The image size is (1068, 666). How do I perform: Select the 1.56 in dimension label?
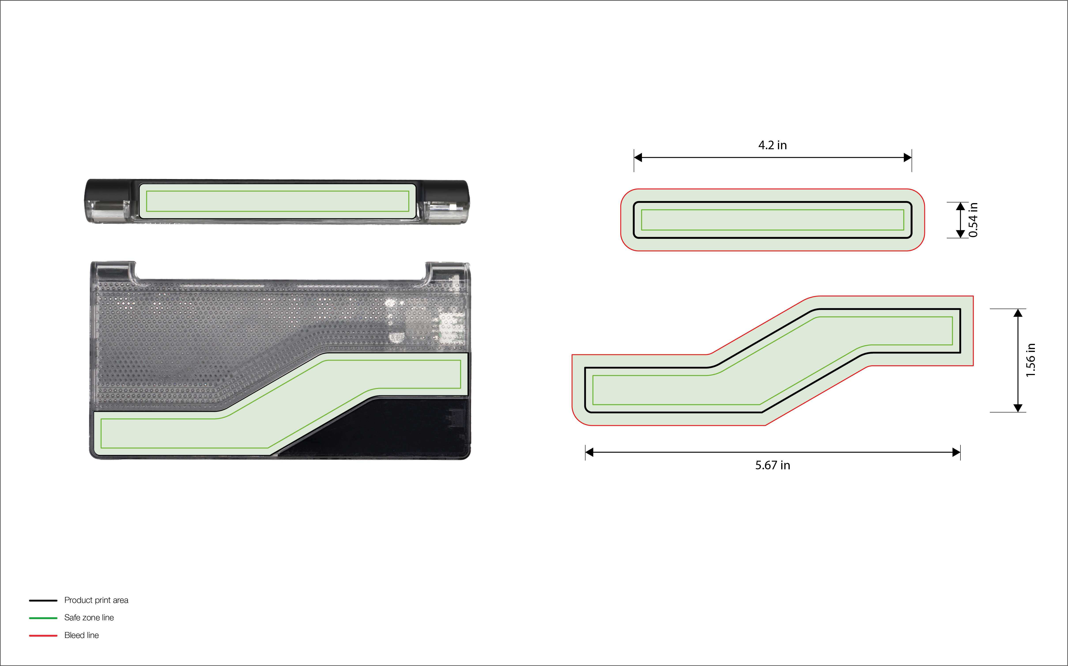coord(1030,360)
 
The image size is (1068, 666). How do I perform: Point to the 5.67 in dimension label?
coord(772,465)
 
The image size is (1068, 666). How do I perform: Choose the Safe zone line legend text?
coord(89,618)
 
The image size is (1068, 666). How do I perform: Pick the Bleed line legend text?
coord(81,635)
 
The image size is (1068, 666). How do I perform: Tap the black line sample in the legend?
coord(43,600)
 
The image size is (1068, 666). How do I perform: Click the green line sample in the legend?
coord(43,618)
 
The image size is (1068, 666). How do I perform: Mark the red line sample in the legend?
coord(43,636)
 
